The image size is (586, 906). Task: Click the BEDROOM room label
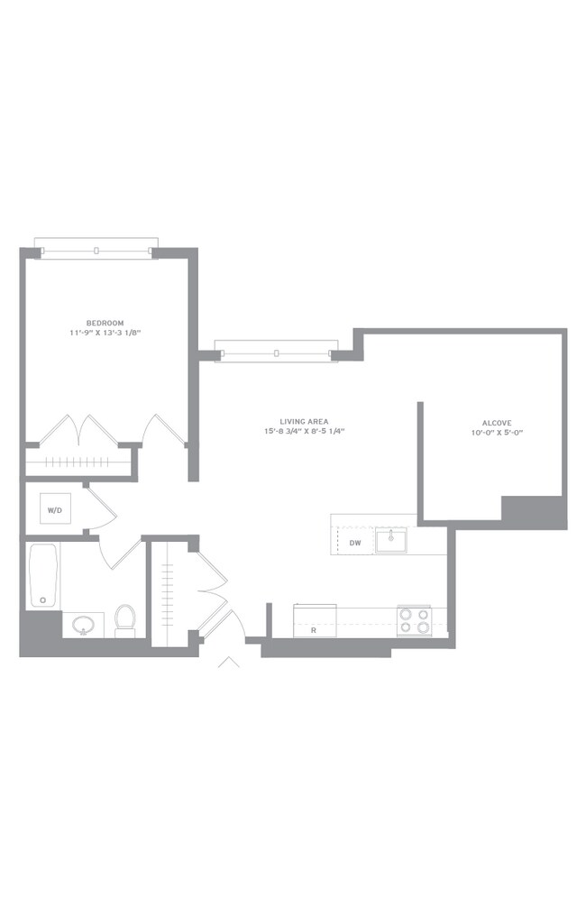point(105,323)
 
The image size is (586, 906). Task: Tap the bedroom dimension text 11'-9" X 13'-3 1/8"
point(105,333)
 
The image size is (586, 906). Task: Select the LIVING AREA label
point(304,422)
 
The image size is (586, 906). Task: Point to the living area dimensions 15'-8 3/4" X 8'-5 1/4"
point(304,431)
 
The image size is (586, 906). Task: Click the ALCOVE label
point(497,423)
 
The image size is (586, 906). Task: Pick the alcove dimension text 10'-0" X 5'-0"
point(497,432)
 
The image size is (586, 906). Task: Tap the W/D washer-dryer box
point(56,508)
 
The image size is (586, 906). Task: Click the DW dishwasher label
point(355,543)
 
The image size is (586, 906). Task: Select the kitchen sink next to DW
point(391,540)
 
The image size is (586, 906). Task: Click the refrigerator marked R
point(315,620)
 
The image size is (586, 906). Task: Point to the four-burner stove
point(415,620)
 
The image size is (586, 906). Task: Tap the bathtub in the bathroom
point(44,575)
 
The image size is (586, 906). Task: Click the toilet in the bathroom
point(124,620)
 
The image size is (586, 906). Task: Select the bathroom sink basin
point(84,625)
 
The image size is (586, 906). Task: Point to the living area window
point(276,352)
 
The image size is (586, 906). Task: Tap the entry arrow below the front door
point(229,662)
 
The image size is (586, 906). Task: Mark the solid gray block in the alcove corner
point(534,512)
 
